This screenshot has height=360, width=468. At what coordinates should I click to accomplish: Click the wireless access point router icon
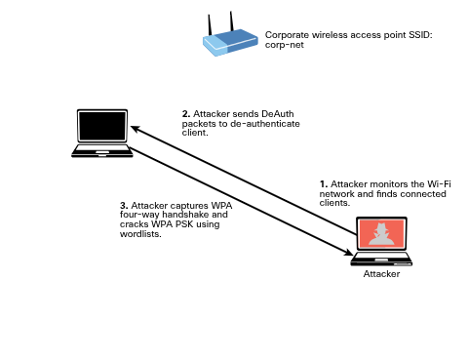point(230,42)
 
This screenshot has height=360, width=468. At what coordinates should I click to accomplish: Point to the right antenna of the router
point(233,20)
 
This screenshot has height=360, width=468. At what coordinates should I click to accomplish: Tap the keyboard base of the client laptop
point(102,151)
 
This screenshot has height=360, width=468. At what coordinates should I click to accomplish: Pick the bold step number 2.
point(185,113)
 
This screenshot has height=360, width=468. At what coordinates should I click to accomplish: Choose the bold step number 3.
point(123,206)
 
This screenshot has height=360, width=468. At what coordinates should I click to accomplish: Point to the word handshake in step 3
point(184,216)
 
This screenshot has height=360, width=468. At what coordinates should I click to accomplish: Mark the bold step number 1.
point(324,183)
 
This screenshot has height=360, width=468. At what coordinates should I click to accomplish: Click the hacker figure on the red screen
point(382,234)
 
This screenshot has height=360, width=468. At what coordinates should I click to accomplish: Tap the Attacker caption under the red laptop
point(381,274)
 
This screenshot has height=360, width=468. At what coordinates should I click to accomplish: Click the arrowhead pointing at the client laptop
point(136,129)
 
